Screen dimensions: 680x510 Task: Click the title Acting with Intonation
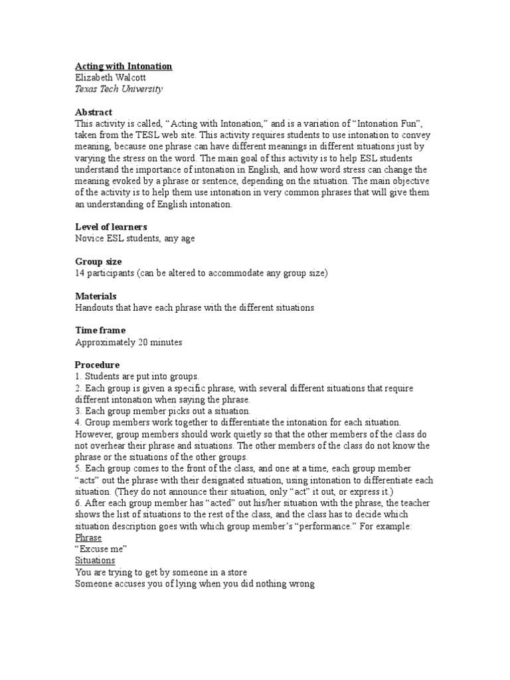pos(124,66)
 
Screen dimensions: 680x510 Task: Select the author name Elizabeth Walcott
pos(110,78)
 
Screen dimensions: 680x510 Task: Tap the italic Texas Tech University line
pos(119,89)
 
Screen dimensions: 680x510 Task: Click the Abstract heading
pos(94,112)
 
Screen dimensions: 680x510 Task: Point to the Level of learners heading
pos(111,227)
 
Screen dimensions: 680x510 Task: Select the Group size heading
pos(98,262)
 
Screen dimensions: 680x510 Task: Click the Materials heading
pos(96,296)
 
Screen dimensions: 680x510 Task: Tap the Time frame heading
pos(100,331)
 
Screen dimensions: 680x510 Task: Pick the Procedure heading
pos(97,365)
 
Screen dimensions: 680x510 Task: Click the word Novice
pos(89,238)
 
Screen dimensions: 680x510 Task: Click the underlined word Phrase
pos(88,537)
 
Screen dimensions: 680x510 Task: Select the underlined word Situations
pos(95,560)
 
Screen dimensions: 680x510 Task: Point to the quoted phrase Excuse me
pos(101,549)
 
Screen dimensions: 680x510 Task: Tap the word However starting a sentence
pos(94,434)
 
